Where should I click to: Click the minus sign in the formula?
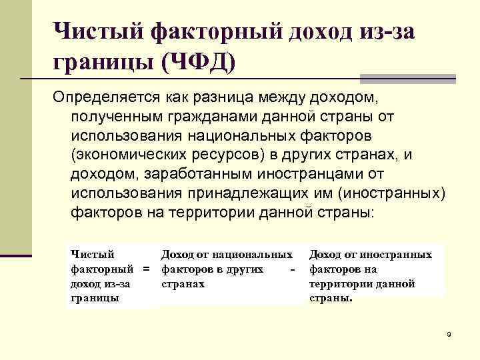tap(293, 269)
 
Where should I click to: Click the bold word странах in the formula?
tap(183, 284)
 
